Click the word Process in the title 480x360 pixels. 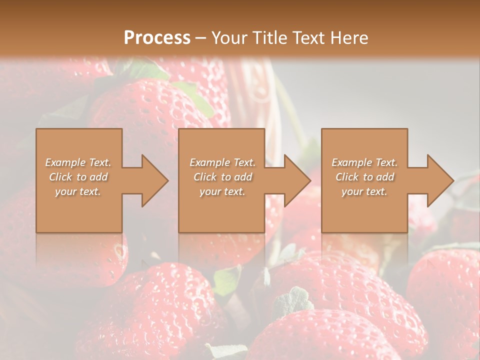(x=157, y=38)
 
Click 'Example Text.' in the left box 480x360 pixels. (x=78, y=162)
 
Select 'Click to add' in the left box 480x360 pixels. (x=78, y=177)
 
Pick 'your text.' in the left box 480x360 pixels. (x=78, y=191)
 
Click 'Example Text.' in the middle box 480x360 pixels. (x=222, y=162)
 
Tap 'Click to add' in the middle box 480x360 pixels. (x=222, y=177)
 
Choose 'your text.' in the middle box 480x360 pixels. (x=222, y=191)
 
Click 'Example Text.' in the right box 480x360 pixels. (x=364, y=162)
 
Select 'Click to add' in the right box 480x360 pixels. (x=364, y=177)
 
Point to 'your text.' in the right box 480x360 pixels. (x=364, y=191)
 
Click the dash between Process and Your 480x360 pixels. (x=200, y=38)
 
